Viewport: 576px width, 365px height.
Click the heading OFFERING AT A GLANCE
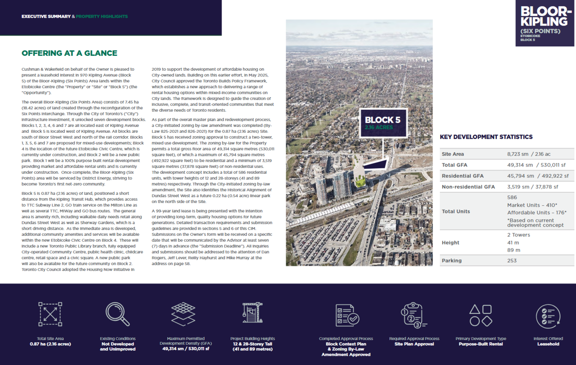click(x=69, y=53)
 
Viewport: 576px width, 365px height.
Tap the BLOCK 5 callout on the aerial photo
click(x=382, y=123)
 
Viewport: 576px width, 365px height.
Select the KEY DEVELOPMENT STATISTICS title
click(x=486, y=137)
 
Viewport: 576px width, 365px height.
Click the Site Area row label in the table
click(x=453, y=154)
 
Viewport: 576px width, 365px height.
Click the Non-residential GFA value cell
click(x=532, y=187)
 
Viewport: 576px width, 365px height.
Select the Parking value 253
click(x=512, y=261)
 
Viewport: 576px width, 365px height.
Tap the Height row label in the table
click(x=450, y=243)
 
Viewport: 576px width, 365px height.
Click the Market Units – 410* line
click(x=532, y=205)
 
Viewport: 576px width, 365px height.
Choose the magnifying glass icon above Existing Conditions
click(x=117, y=314)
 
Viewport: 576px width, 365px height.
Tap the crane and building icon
click(x=252, y=314)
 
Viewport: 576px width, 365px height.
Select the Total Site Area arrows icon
click(x=50, y=314)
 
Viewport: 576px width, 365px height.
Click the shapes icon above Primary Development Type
click(x=481, y=315)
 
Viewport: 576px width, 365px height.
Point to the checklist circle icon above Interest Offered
click(x=548, y=316)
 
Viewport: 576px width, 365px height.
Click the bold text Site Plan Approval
click(x=414, y=344)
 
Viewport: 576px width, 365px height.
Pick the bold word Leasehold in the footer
click(x=548, y=344)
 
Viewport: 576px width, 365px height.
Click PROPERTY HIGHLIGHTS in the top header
click(x=102, y=17)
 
